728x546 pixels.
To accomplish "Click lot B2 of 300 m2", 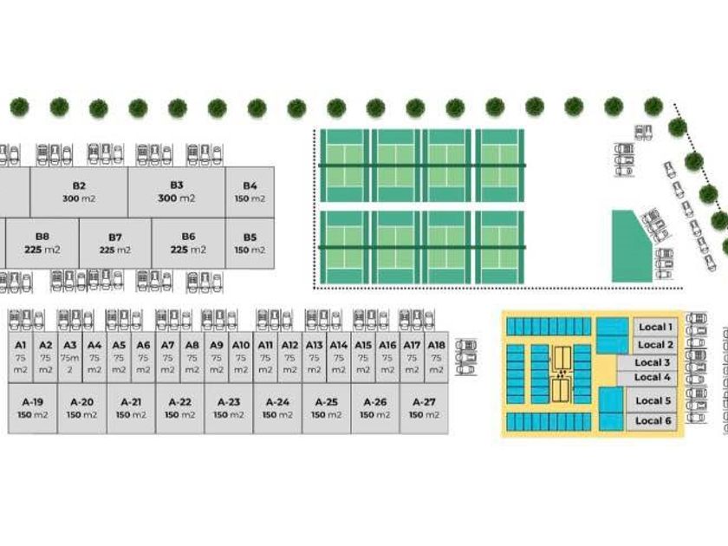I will pos(79,192).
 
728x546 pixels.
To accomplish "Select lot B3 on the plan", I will pos(177,192).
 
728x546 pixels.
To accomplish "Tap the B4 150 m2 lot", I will pos(250,192).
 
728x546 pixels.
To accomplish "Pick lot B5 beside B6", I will pos(250,243).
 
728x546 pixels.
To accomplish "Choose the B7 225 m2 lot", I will pos(115,243).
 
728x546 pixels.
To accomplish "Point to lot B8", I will pos(42,243).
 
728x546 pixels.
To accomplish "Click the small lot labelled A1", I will pos(21,356).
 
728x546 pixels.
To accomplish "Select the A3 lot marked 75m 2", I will pos(70,356).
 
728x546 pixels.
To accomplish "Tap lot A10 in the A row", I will pos(241,356).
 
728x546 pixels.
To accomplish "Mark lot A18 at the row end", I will pos(437,356).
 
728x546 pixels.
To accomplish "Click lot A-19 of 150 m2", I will pos(33,408).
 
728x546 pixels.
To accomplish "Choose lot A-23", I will pos(229,408).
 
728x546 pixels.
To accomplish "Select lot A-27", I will pos(424,408).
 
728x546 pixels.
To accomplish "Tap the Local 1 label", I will pos(654,327).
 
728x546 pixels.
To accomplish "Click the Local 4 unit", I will pos(653,378).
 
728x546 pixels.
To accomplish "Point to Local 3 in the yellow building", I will pos(653,363).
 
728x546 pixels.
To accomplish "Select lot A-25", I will pos(327,408).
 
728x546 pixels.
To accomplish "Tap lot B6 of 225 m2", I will pos(188,243).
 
